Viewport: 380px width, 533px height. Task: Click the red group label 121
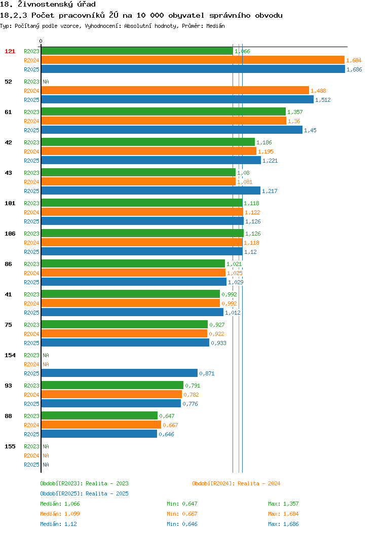point(10,51)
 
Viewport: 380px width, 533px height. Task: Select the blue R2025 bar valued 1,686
point(193,69)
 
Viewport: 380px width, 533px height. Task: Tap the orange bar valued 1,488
point(175,90)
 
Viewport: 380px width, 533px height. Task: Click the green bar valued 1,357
point(164,112)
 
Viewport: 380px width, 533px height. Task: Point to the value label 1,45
point(310,130)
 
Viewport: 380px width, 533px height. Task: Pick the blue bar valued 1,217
point(151,191)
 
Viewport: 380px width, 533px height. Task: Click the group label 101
point(10,203)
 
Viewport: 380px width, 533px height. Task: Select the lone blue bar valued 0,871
point(119,373)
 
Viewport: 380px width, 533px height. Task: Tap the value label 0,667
point(170,425)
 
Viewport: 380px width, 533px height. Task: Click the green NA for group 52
point(46,82)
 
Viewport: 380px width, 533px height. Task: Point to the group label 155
point(10,446)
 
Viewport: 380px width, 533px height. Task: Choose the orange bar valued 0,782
point(111,394)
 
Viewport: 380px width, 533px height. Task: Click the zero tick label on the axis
point(41,41)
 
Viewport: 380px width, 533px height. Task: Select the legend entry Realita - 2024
point(236,483)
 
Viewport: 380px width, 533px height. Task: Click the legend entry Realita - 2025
point(84,493)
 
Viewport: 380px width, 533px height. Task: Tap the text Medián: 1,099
point(60,514)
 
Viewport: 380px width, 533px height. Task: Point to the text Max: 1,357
point(283,504)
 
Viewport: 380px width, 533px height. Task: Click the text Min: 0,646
point(182,524)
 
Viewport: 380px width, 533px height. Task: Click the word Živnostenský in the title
point(45,5)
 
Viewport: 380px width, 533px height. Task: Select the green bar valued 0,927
point(125,324)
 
